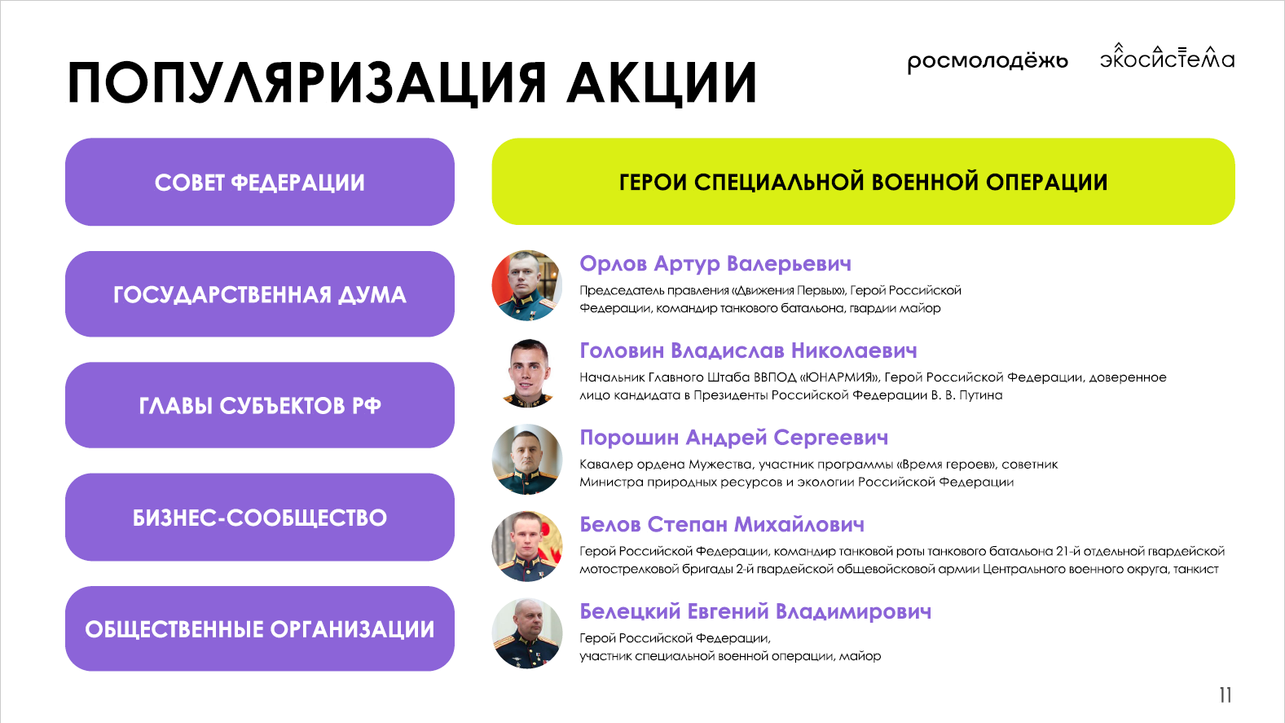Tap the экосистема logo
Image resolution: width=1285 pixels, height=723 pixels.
coord(1167,56)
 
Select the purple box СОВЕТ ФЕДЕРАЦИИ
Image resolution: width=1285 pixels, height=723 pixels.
coord(260,182)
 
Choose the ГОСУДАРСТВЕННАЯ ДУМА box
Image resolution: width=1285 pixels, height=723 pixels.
coord(260,293)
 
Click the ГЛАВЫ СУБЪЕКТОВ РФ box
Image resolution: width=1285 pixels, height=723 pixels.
coord(260,405)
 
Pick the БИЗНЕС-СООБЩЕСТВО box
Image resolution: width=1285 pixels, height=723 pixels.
coord(260,517)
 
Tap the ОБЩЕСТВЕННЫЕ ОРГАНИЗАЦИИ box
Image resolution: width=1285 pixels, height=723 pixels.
coord(260,629)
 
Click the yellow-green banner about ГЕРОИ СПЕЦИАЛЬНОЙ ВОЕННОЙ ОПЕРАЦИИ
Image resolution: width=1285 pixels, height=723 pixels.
coord(864,181)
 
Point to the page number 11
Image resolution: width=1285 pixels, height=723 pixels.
coord(1226,695)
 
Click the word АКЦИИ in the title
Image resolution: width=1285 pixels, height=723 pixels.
coord(662,82)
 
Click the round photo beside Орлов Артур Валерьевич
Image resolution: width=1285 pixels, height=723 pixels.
coord(527,285)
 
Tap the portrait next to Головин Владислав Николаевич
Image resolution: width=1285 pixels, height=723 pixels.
coord(527,373)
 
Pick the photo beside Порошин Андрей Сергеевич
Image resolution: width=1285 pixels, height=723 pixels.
coord(527,459)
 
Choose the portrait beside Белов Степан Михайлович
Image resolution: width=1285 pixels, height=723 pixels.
coord(527,546)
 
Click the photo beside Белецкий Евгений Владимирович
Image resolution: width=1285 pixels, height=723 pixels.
coord(527,633)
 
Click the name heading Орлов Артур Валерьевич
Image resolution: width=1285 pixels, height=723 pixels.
coord(715,264)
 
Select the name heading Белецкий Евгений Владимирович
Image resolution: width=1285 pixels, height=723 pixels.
coord(755,611)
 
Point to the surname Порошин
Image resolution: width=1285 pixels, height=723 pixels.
coord(629,438)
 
